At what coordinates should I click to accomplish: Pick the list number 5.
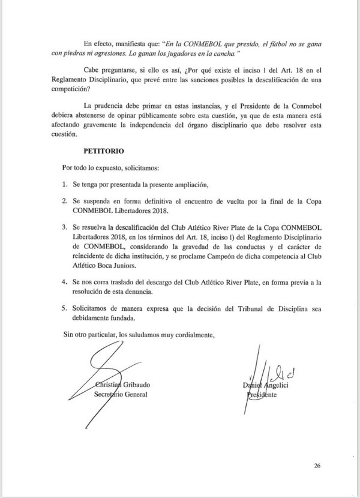(65, 308)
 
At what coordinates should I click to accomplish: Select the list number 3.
(65, 229)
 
